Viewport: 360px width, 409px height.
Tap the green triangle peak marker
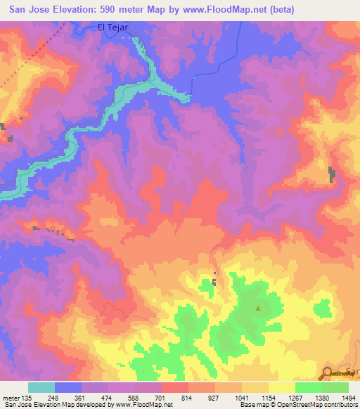(x=258, y=308)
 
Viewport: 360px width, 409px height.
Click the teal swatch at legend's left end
(x=41, y=387)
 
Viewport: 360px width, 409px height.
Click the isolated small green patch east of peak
(x=323, y=309)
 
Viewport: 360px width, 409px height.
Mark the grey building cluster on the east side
(x=332, y=174)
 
